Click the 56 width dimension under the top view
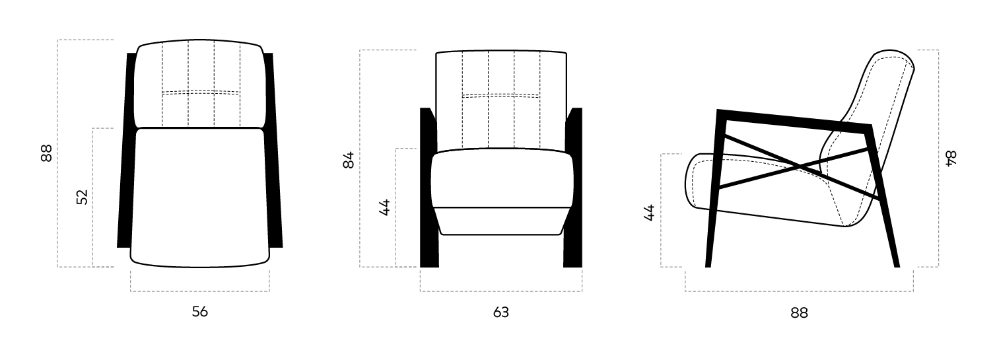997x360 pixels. (x=200, y=311)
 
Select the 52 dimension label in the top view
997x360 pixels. (x=83, y=197)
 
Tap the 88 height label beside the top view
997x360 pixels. (x=47, y=153)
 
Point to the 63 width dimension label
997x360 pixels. (x=500, y=312)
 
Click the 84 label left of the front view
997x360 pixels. (x=349, y=160)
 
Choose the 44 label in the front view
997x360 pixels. (x=384, y=207)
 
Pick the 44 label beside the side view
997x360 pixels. (x=650, y=213)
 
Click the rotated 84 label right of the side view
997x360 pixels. (x=950, y=159)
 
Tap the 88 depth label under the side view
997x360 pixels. (x=799, y=313)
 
